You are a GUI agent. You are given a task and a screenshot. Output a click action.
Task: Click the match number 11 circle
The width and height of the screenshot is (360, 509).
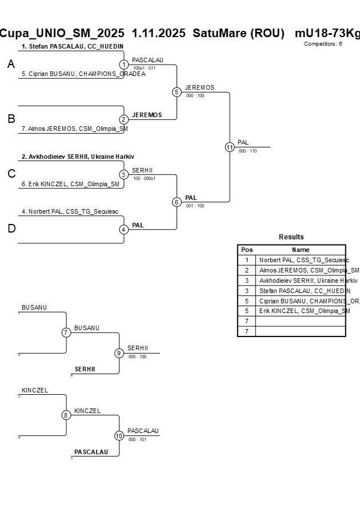(x=230, y=147)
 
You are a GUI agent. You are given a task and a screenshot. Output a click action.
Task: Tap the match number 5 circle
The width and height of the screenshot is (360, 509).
(x=177, y=92)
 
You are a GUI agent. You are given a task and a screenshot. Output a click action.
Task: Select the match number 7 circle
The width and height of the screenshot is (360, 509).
(x=66, y=332)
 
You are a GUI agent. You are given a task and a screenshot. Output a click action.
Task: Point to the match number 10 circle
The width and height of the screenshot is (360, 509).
(x=119, y=435)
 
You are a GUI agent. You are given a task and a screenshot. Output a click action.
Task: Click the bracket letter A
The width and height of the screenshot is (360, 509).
(x=11, y=65)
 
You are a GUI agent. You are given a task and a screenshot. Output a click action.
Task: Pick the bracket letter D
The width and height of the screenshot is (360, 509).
(x=11, y=229)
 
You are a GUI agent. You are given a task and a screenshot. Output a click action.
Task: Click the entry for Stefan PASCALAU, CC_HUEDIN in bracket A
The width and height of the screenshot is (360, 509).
(x=73, y=46)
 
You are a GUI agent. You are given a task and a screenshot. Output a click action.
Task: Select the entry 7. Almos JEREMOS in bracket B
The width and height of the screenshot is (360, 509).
(x=74, y=129)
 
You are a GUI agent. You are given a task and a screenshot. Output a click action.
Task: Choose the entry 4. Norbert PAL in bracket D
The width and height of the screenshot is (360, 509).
(x=70, y=211)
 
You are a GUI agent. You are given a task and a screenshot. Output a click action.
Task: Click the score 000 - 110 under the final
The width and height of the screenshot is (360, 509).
(x=247, y=151)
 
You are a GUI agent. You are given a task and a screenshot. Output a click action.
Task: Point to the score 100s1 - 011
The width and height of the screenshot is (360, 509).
(x=144, y=68)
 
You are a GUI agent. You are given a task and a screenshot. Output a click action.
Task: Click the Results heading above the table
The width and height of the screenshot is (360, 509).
(x=291, y=237)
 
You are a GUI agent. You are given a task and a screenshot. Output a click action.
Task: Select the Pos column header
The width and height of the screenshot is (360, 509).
(x=247, y=250)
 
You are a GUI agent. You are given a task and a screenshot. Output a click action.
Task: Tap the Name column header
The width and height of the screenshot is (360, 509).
(x=301, y=250)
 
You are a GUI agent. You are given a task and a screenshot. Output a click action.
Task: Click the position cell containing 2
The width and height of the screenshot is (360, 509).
(x=247, y=270)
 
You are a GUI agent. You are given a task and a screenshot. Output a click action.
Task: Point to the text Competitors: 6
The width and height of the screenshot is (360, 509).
(x=323, y=43)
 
